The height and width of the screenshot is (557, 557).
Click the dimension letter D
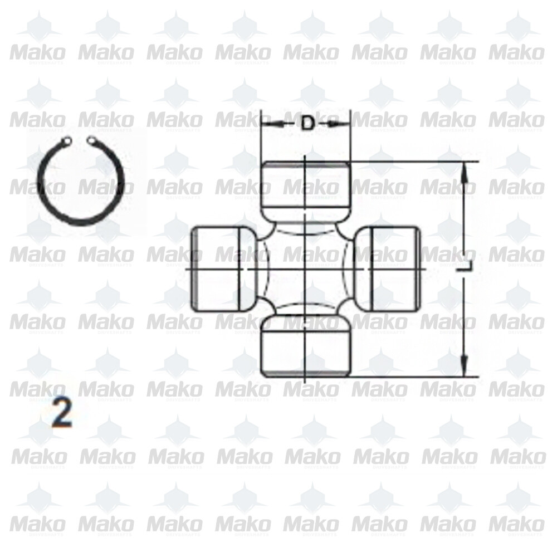307,123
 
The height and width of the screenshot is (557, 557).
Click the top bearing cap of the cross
306,190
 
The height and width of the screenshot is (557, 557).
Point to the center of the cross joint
306,269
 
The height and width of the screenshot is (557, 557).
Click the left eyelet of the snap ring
67,141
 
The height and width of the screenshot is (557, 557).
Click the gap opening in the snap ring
80,141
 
